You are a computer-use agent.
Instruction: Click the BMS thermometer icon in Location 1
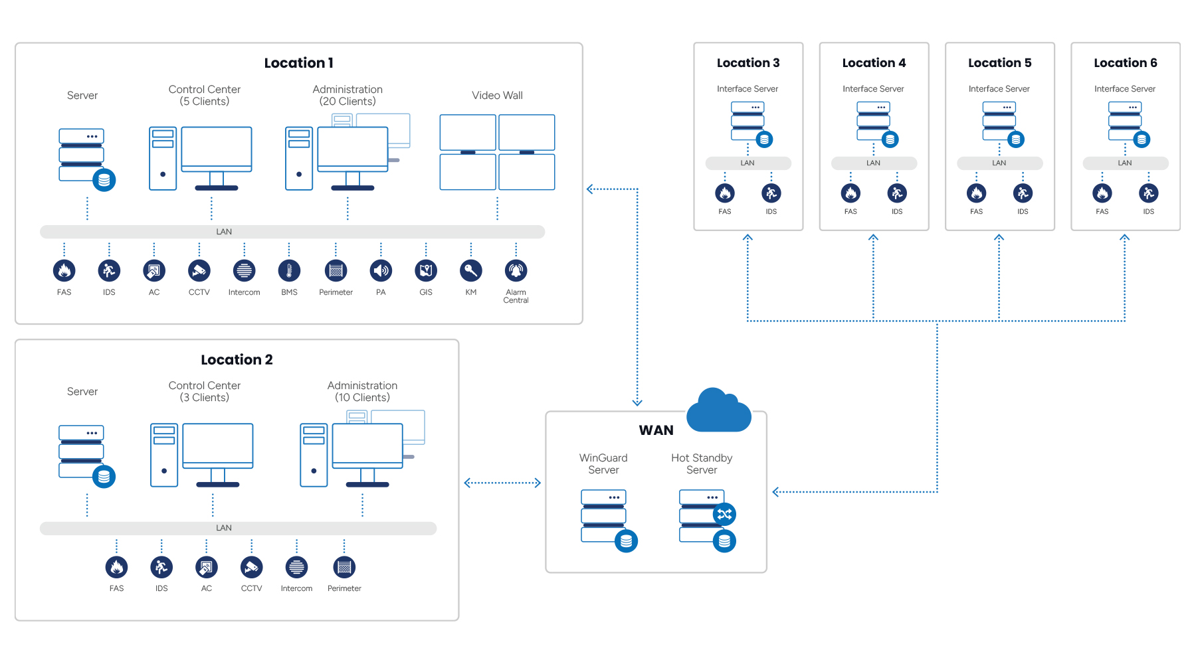[289, 270]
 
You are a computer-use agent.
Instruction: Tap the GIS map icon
[426, 270]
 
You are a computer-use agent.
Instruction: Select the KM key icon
[471, 270]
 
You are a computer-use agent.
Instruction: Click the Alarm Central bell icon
[516, 270]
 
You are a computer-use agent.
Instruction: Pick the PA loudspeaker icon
[381, 270]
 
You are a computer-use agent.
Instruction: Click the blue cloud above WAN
[718, 410]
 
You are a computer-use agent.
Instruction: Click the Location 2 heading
[237, 360]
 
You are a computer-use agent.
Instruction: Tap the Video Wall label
[497, 96]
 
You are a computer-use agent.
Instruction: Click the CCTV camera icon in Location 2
[252, 567]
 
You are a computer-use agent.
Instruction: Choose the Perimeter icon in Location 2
[344, 567]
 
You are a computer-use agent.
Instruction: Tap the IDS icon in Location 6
[1149, 193]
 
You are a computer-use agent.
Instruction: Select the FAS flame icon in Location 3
[725, 193]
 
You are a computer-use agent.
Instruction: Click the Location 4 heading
[874, 63]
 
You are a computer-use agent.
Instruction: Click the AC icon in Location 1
[154, 270]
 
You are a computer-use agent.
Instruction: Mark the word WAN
[656, 430]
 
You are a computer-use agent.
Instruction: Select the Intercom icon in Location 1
[245, 270]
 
